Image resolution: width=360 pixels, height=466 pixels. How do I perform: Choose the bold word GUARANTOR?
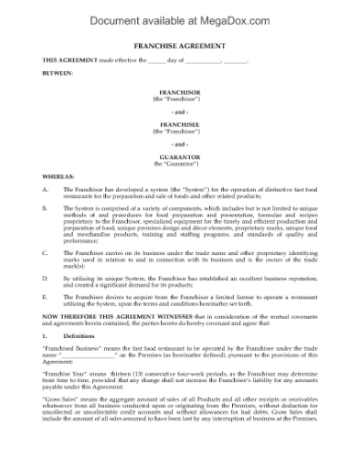[x=179, y=157]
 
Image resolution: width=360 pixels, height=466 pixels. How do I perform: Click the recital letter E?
[x=46, y=295]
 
